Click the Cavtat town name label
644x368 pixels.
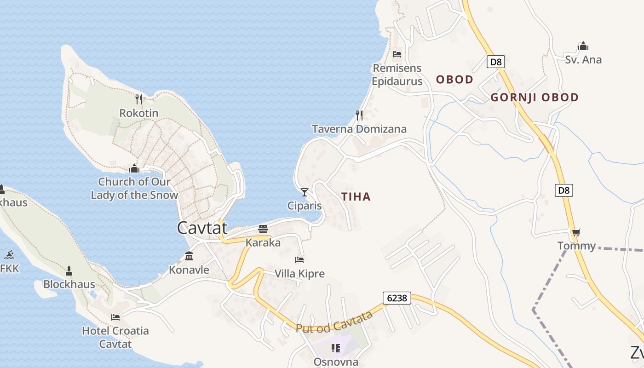tap(202, 228)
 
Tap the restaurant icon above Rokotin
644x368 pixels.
tap(138, 99)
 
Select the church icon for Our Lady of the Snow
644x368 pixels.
tap(134, 168)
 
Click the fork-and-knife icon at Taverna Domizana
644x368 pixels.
tap(359, 115)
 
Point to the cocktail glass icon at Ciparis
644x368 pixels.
tap(304, 192)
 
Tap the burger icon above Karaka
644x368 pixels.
tap(263, 229)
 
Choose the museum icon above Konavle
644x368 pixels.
tap(189, 256)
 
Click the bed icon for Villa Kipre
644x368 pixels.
tap(299, 260)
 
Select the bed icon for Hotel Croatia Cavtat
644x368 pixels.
tap(115, 317)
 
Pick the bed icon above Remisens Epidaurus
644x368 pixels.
tap(397, 54)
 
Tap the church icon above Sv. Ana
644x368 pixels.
tap(583, 46)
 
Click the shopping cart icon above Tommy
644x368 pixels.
tap(576, 232)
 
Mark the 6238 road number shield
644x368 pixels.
tap(397, 298)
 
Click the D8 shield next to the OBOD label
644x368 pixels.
tap(495, 61)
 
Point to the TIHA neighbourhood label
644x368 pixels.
tap(356, 197)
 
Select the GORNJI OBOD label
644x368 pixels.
tap(534, 98)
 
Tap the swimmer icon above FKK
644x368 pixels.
tap(9, 255)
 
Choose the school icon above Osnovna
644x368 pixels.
tap(336, 348)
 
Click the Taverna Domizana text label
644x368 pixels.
tap(359, 129)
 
